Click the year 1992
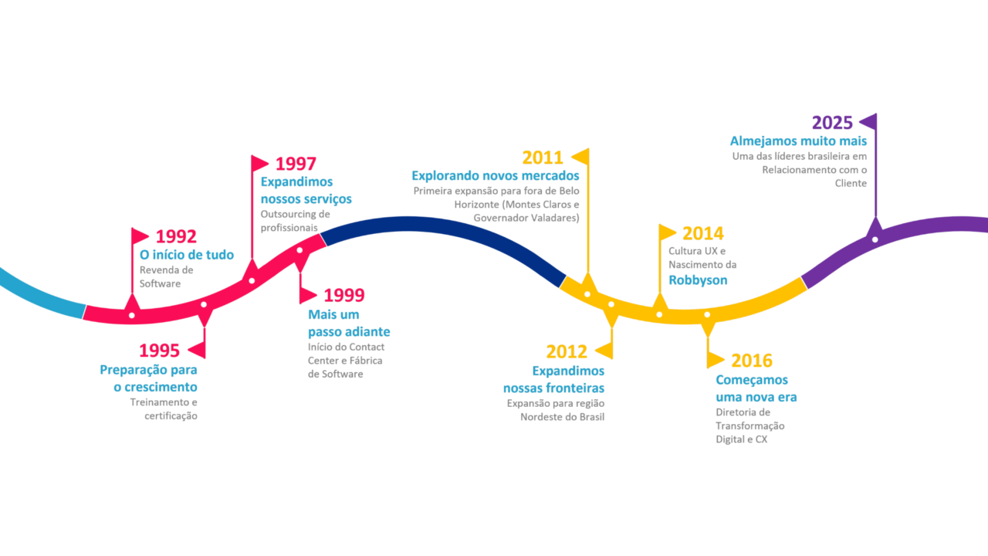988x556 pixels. click(x=176, y=237)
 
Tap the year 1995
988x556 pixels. click(x=159, y=351)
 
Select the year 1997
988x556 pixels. click(x=296, y=164)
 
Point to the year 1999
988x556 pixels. click(x=343, y=295)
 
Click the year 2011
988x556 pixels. click(x=543, y=158)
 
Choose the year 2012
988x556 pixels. click(x=567, y=352)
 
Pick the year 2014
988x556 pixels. click(x=703, y=233)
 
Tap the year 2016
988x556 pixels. click(x=751, y=361)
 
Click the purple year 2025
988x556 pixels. click(x=832, y=123)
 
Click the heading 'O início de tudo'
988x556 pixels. click(x=186, y=255)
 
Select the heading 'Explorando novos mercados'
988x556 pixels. click(x=495, y=176)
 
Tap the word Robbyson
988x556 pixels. click(x=698, y=280)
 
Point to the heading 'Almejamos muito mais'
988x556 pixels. click(x=798, y=141)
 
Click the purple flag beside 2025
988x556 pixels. click(x=868, y=121)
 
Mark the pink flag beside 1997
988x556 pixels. click(x=260, y=163)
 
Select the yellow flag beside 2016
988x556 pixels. click(x=716, y=360)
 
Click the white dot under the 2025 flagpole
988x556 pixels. click(x=875, y=239)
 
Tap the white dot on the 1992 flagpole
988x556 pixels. click(x=132, y=315)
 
